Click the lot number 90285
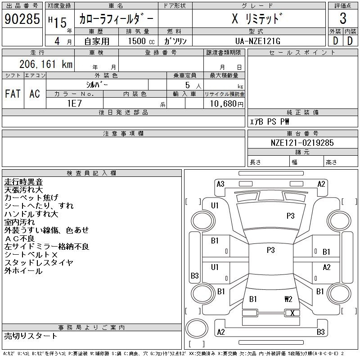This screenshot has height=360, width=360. point(22,19)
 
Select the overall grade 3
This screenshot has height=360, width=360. point(343,18)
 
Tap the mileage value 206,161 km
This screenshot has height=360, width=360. point(46,64)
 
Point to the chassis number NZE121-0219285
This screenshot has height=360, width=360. point(302,143)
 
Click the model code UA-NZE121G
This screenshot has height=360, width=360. point(258,41)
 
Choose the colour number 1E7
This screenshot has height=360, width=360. point(74,103)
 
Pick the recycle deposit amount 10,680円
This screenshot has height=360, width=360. point(227,104)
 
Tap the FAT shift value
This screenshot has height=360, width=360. point(13,94)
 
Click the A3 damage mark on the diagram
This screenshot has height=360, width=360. point(220,184)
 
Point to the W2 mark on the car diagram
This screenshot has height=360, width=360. point(288,299)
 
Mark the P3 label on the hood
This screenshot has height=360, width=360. point(290,216)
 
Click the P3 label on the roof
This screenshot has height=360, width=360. point(271,250)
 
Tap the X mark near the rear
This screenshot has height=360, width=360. point(292,313)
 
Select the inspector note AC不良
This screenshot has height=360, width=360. point(19,238)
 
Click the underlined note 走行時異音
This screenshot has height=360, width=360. point(23,182)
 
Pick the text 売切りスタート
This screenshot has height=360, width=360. point(31,336)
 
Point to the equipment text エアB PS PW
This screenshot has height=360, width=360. point(269,121)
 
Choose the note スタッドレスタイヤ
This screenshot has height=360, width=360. point(39,263)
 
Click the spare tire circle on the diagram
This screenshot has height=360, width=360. point(197,328)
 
